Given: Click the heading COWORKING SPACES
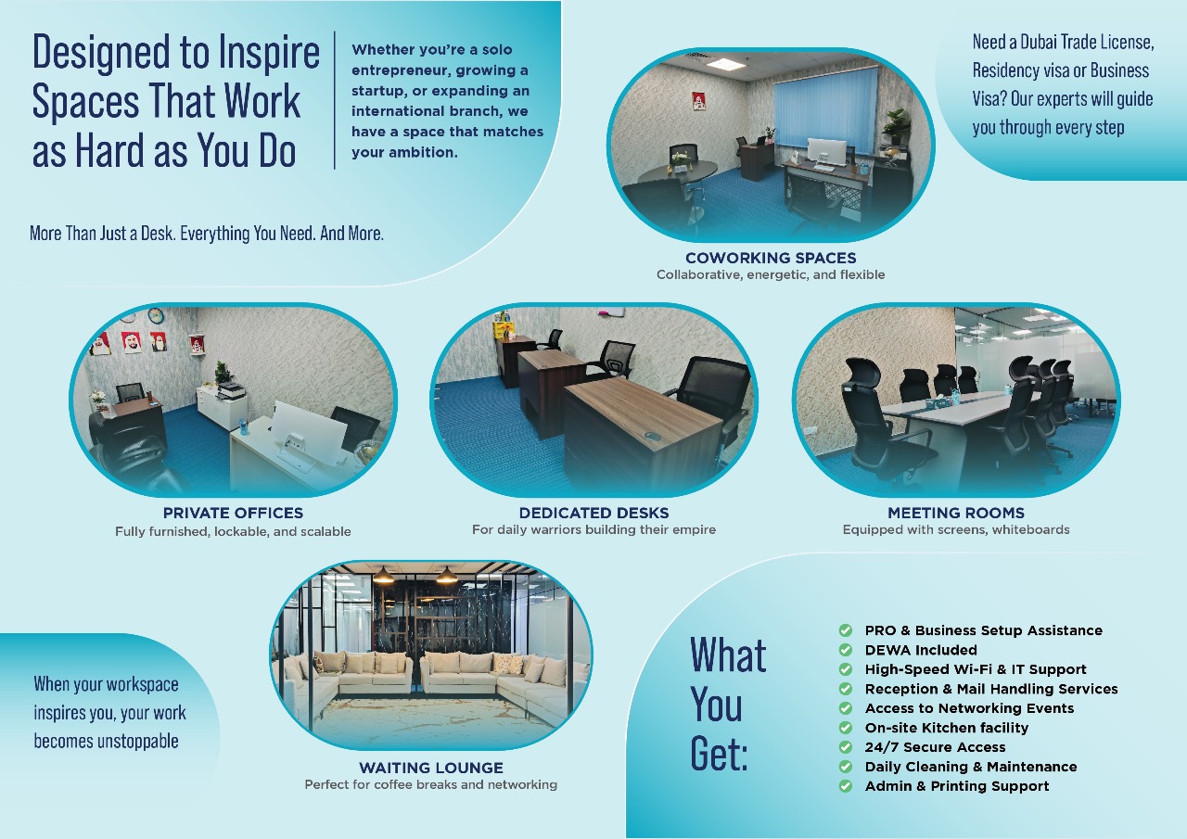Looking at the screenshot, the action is pos(771,258).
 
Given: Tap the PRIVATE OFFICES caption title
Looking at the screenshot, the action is pos(233,513).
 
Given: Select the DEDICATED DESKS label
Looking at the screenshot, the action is pos(594,513).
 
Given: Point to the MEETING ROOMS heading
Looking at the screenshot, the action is pos(956,513).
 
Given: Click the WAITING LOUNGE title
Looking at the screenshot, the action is pos(431,768).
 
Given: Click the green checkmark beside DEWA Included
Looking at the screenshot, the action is pos(846,650).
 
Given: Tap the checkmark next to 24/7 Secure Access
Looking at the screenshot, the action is pos(846,747).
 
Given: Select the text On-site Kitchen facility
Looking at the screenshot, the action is pos(947,728).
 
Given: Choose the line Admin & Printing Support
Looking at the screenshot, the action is pos(956,786).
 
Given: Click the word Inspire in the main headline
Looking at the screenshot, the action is pos(269,52).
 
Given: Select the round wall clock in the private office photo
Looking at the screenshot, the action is pos(155,315).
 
